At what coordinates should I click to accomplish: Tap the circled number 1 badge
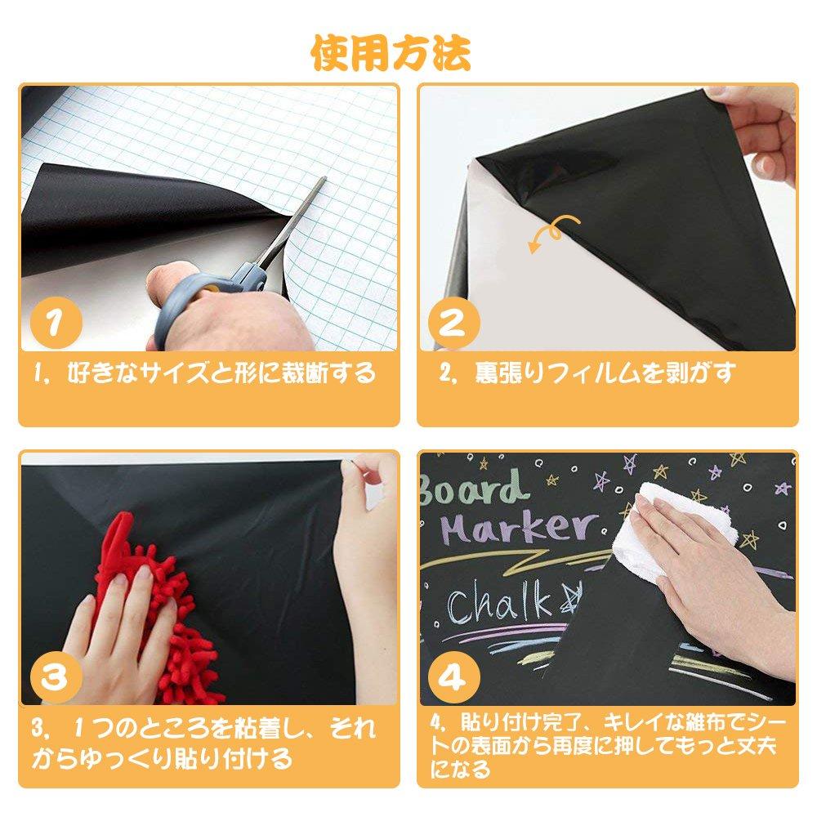tap(56, 324)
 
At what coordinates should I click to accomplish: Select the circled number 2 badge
tap(454, 324)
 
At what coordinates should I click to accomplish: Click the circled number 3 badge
tap(56, 678)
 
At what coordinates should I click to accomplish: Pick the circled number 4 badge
tap(454, 678)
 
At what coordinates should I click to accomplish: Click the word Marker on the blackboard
tap(519, 529)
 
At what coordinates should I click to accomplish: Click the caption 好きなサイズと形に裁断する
tap(204, 374)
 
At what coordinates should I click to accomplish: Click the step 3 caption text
tap(204, 743)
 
